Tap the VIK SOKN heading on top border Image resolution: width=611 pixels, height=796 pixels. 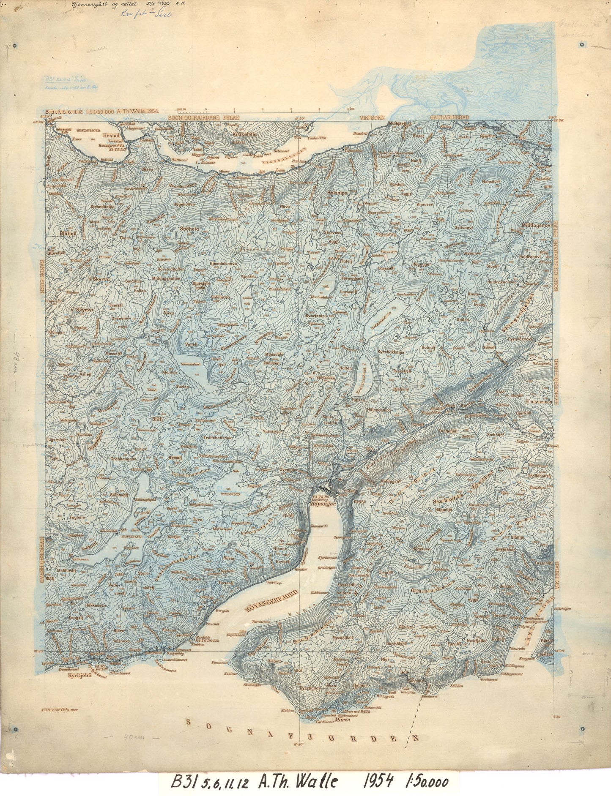click(x=372, y=118)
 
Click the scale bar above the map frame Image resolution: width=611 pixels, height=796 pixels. click(x=262, y=110)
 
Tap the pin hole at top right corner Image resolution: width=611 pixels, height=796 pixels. click(x=582, y=44)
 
